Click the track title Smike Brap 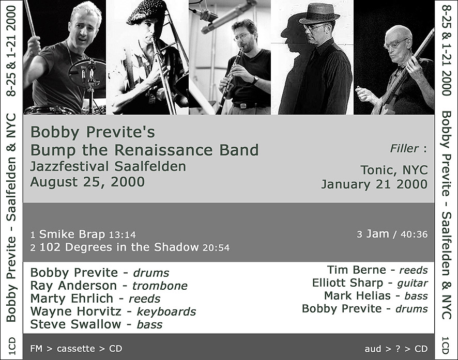(x=72, y=234)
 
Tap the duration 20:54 (x=216, y=248)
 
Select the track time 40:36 (x=414, y=234)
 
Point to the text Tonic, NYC (x=394, y=170)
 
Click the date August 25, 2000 (x=87, y=182)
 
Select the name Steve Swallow (x=75, y=324)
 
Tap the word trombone (x=160, y=286)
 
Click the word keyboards (x=166, y=311)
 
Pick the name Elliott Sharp (x=347, y=283)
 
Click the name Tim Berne (x=356, y=270)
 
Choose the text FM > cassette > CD (x=76, y=348)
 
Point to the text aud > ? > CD (x=396, y=349)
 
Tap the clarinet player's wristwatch (x=255, y=80)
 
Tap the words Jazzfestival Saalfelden (x=108, y=166)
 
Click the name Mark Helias (x=357, y=295)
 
